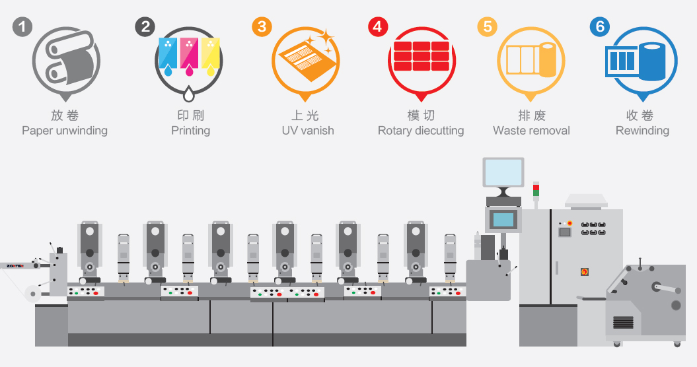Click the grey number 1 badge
[x=22, y=27]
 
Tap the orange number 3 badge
[x=262, y=27]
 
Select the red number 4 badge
[x=377, y=27]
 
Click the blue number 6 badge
[x=600, y=27]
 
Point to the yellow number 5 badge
[x=488, y=27]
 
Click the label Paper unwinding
[x=65, y=131]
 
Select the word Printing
[x=190, y=131]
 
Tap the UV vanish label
[x=308, y=131]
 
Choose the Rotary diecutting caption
[x=421, y=131]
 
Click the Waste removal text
[x=532, y=131]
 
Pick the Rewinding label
[x=642, y=131]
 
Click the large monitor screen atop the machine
[x=503, y=172]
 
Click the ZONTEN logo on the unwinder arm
[x=16, y=266]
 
